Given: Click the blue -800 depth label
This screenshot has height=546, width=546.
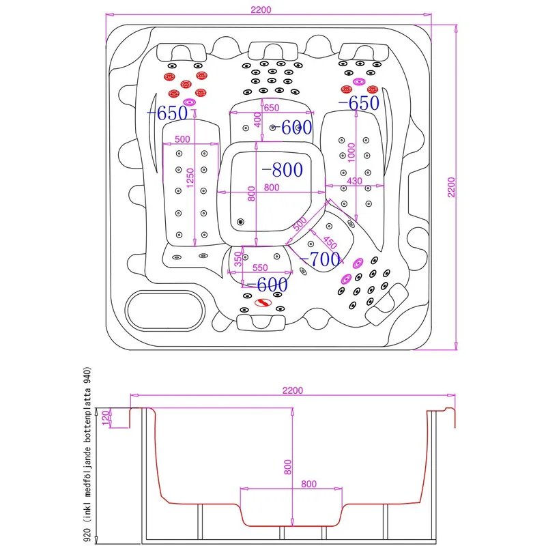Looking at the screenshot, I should [x=282, y=169].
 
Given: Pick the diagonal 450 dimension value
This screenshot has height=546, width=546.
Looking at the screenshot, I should [x=330, y=242].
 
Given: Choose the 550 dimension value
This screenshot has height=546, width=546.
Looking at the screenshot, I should [x=261, y=269].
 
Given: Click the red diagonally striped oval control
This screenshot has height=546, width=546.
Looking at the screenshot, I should [x=262, y=303].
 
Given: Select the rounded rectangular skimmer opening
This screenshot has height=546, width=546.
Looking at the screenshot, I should [x=165, y=311].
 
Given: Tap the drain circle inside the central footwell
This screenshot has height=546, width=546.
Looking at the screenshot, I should [x=240, y=221].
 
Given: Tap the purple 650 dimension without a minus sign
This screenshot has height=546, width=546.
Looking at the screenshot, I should [x=271, y=108].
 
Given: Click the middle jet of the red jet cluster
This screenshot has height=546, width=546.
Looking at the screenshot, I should [x=185, y=83].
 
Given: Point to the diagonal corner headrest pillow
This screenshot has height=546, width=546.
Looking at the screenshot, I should [x=386, y=304].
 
